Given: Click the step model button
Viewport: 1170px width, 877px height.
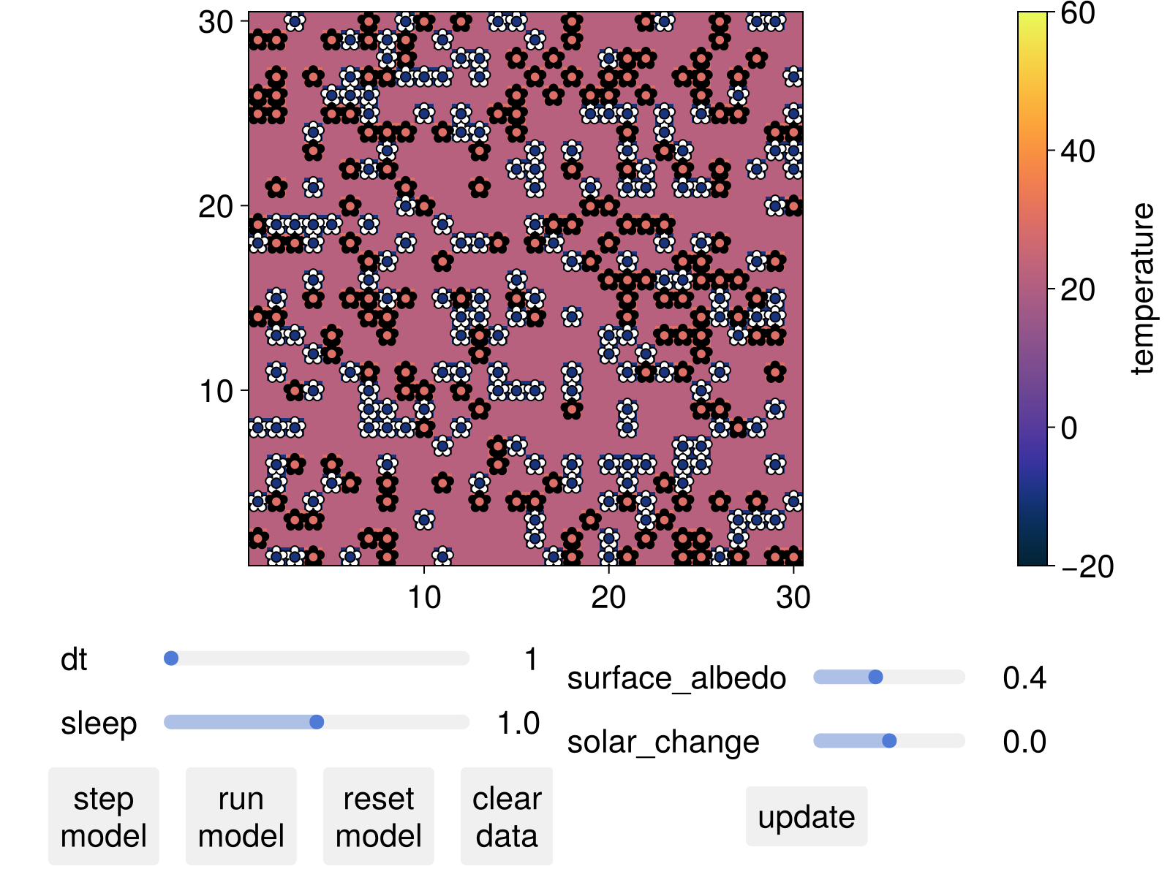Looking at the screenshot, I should click(x=103, y=816).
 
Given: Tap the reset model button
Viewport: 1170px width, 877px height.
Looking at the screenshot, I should click(x=378, y=816).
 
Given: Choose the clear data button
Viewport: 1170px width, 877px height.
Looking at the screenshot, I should click(x=506, y=816).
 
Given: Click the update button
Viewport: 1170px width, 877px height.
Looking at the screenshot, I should click(x=806, y=816).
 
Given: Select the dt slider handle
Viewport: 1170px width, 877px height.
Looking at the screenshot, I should click(x=171, y=658).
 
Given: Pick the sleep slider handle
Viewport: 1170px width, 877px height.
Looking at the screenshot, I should click(x=317, y=722).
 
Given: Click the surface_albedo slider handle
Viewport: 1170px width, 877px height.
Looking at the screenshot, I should click(x=875, y=677).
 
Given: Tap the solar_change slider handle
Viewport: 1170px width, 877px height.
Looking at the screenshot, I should click(x=889, y=741).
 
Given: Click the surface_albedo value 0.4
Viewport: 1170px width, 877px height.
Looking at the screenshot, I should click(x=1024, y=678).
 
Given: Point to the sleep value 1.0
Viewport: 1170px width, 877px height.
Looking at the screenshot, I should click(x=518, y=723).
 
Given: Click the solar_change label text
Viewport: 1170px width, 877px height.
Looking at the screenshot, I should click(x=663, y=742).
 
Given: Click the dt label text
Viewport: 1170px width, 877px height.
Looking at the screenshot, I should click(x=74, y=659).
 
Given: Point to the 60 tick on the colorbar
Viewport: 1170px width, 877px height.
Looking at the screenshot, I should click(x=1076, y=13).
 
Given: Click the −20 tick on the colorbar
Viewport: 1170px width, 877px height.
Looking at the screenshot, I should click(x=1087, y=566).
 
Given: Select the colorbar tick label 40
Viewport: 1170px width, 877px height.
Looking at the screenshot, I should click(x=1076, y=151).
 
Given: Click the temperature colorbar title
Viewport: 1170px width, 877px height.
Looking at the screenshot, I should click(x=1141, y=289).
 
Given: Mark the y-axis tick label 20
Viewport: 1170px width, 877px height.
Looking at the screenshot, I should click(x=216, y=207).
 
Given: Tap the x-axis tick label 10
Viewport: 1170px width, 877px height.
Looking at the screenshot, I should click(x=424, y=598).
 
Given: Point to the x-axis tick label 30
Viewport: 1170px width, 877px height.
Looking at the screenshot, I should click(x=793, y=598).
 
